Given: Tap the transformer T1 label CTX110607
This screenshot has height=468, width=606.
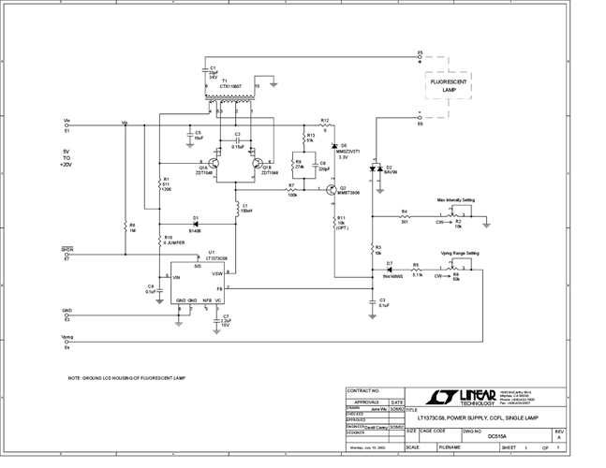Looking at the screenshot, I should pos(230,85).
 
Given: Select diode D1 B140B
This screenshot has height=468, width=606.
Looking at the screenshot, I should pos(196,222).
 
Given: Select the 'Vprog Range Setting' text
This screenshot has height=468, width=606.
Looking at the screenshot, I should pos(460,253).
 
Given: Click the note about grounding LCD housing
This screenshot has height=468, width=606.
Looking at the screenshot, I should pos(126,377).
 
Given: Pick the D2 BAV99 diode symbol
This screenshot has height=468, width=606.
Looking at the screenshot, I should pos(376,171).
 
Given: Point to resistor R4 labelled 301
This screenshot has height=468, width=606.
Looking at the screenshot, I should pos(405,217).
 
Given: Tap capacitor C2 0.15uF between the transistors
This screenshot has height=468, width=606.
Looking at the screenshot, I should pos(238,140).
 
